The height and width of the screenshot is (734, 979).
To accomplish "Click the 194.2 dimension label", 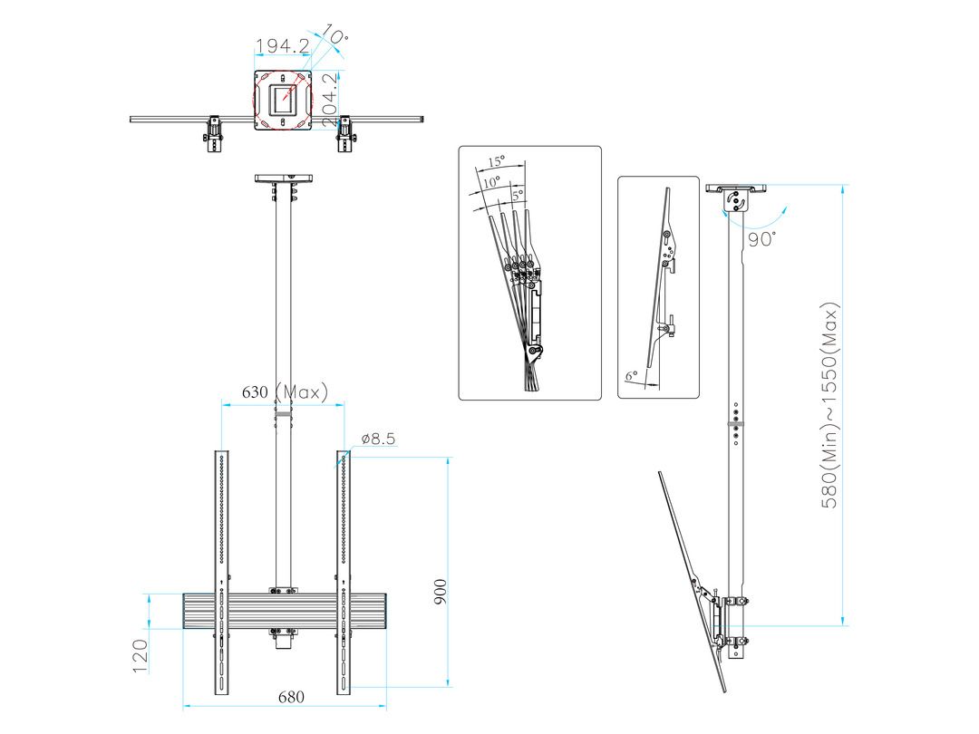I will click(x=283, y=46).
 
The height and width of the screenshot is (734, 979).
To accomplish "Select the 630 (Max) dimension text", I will click(x=284, y=392).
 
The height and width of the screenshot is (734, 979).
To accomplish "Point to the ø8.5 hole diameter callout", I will click(x=376, y=439).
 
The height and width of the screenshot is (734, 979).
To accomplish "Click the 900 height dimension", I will click(x=440, y=593).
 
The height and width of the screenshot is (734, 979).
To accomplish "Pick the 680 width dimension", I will click(x=290, y=697).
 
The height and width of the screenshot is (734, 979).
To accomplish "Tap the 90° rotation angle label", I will click(x=762, y=239).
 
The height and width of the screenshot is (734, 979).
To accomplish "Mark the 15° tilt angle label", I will click(x=496, y=161).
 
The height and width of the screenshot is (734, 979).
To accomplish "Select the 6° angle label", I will click(x=631, y=373).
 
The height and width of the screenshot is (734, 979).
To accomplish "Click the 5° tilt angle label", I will click(x=518, y=194).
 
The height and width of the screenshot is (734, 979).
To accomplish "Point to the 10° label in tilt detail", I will click(x=490, y=182).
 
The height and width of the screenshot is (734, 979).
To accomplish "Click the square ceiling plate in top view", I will click(x=283, y=100).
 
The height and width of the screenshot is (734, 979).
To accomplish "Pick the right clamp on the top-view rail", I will click(x=344, y=134).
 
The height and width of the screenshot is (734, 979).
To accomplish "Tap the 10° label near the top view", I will click(x=335, y=37).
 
